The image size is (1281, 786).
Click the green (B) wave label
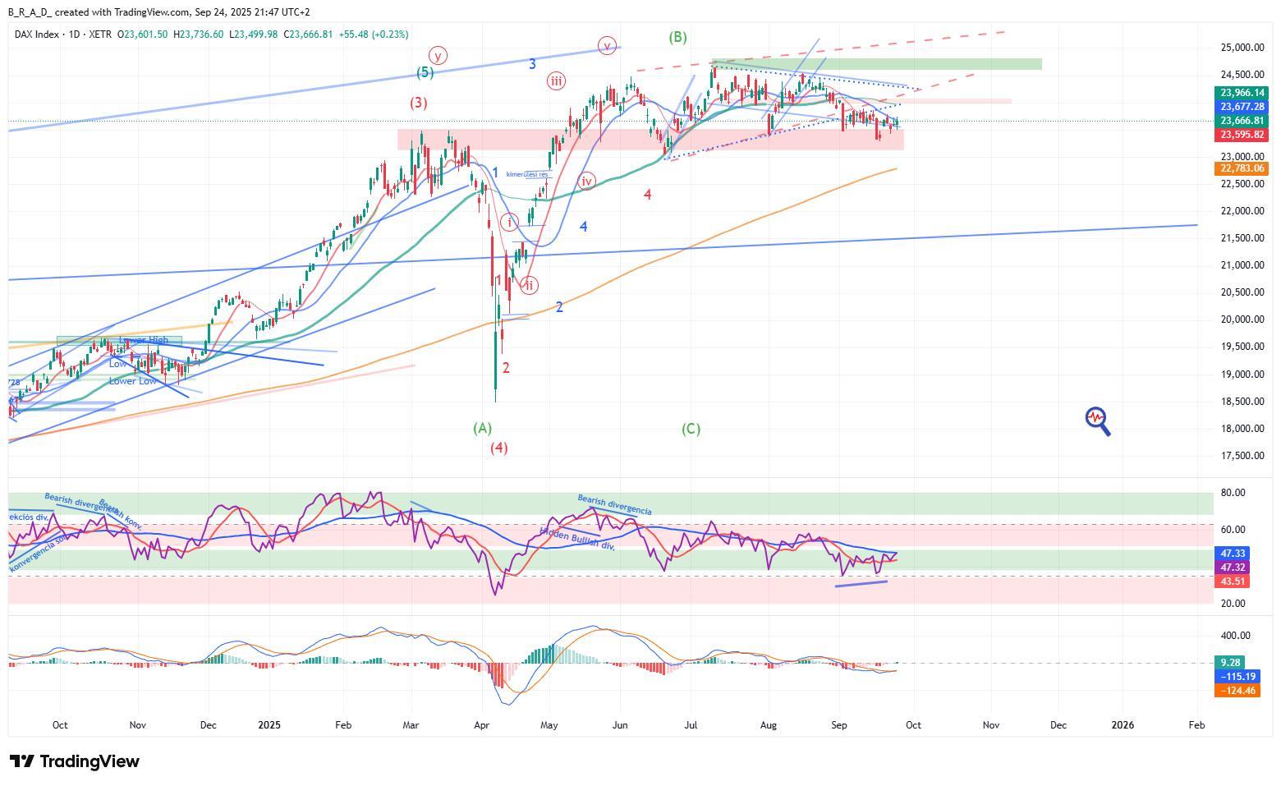(x=677, y=37)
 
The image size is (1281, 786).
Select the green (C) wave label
(x=691, y=429)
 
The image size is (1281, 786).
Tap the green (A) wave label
(x=482, y=428)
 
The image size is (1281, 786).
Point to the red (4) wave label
(x=499, y=448)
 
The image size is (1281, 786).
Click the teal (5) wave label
(x=425, y=72)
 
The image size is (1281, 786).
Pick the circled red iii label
(x=557, y=80)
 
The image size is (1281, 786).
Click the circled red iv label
(x=586, y=182)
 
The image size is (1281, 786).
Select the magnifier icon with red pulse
(x=1098, y=421)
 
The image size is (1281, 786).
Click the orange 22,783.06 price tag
(x=1242, y=168)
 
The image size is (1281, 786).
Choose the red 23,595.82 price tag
(x=1242, y=135)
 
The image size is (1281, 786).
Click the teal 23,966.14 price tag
(x=1242, y=94)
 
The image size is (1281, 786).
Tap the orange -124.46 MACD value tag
(x=1239, y=691)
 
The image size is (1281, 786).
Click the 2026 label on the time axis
(x=1123, y=725)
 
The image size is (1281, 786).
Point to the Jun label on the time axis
(x=621, y=725)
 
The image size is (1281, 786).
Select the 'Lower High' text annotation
(x=144, y=340)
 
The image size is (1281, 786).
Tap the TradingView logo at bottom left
(x=74, y=761)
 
